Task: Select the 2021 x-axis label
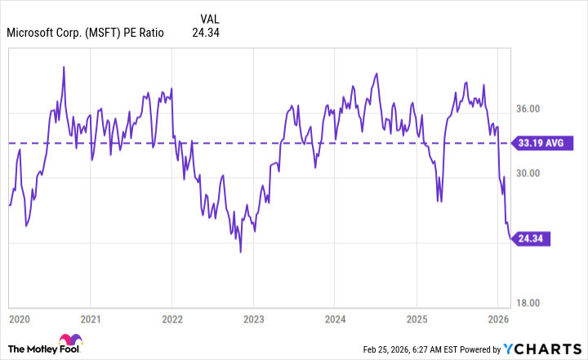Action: point(91,318)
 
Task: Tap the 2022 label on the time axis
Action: point(172,318)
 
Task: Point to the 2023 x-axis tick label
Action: point(253,318)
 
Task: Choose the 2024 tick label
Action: point(335,318)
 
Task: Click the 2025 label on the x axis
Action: point(416,318)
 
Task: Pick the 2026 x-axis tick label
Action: point(497,318)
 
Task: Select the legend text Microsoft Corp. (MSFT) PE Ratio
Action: point(85,33)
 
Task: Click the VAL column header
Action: point(210,18)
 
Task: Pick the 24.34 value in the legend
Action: point(205,33)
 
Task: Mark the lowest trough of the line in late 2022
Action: point(240,251)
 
